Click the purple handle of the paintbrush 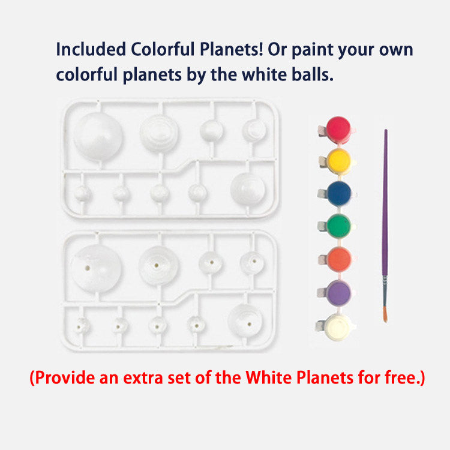(x=385, y=210)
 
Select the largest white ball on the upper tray (x=99, y=136)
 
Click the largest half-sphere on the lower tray (x=95, y=267)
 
